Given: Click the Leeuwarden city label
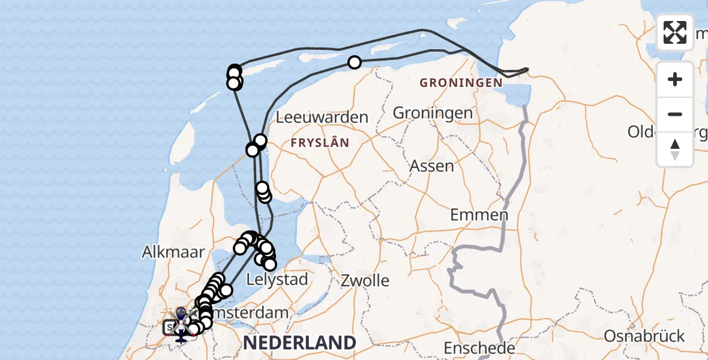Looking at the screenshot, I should tap(322, 117).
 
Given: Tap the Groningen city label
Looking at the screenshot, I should tap(433, 113).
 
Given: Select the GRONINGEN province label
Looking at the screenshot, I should tap(461, 82).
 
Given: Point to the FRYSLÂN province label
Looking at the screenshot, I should tap(319, 142).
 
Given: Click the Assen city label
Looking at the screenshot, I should tap(432, 166).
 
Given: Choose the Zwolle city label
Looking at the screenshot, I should tap(365, 280).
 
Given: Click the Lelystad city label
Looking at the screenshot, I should tap(277, 279).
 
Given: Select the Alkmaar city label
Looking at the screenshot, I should tap(173, 252).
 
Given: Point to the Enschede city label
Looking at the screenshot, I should tap(479, 347).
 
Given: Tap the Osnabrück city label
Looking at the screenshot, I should tap(644, 336).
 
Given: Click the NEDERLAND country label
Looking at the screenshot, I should tap(299, 343).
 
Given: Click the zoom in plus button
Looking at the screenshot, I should tap(675, 79).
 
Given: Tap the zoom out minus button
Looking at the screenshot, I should tap(675, 114).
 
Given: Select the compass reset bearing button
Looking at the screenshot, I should tap(675, 149).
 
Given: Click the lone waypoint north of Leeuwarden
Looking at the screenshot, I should tap(355, 62).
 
